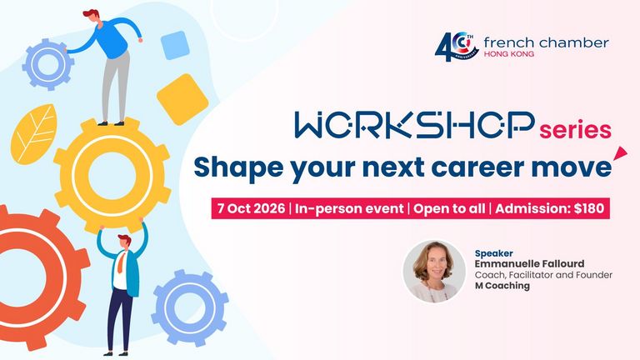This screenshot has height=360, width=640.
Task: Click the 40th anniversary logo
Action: click(457, 47)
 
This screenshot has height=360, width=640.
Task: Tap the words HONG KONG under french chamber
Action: click(508, 53)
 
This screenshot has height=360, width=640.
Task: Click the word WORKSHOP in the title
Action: click(414, 124)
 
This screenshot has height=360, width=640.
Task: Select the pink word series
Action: click(575, 130)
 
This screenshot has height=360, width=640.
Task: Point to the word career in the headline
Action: click(477, 167)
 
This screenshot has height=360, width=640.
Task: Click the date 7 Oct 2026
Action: click(251, 208)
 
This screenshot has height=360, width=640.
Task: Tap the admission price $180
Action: click(589, 208)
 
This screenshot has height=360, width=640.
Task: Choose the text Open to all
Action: click(449, 208)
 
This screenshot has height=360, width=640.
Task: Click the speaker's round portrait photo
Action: click(434, 271)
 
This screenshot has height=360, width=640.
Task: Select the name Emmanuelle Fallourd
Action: click(529, 263)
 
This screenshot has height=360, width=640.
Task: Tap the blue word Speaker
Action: click(493, 253)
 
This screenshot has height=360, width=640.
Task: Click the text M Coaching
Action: click(502, 286)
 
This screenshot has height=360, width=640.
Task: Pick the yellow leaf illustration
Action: click(33, 134)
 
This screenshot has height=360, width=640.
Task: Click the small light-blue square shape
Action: click(175, 45)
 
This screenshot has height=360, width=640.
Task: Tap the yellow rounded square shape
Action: click(182, 99)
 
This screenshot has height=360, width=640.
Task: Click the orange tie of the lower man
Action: click(121, 262)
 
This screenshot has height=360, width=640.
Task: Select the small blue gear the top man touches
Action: click(48, 64)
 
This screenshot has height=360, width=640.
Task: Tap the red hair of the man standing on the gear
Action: click(91, 13)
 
